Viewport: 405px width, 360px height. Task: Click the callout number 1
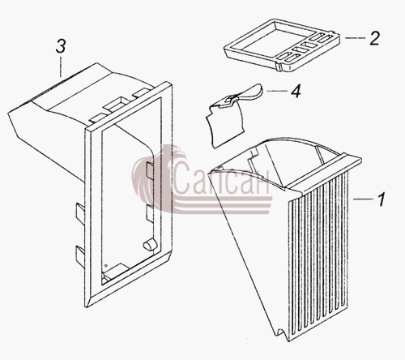point(381,199)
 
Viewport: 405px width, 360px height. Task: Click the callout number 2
point(374,38)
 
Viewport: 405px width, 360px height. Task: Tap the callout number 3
point(61,46)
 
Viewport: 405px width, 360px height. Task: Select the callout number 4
point(296,91)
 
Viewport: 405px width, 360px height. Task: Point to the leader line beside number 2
point(355,38)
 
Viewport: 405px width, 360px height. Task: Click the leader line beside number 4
point(277,91)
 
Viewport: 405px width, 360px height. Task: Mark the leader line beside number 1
point(363,199)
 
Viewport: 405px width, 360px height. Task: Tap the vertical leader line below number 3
point(61,66)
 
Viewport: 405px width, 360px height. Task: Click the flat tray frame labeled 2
point(281,45)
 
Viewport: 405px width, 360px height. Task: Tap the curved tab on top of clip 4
point(249,92)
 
